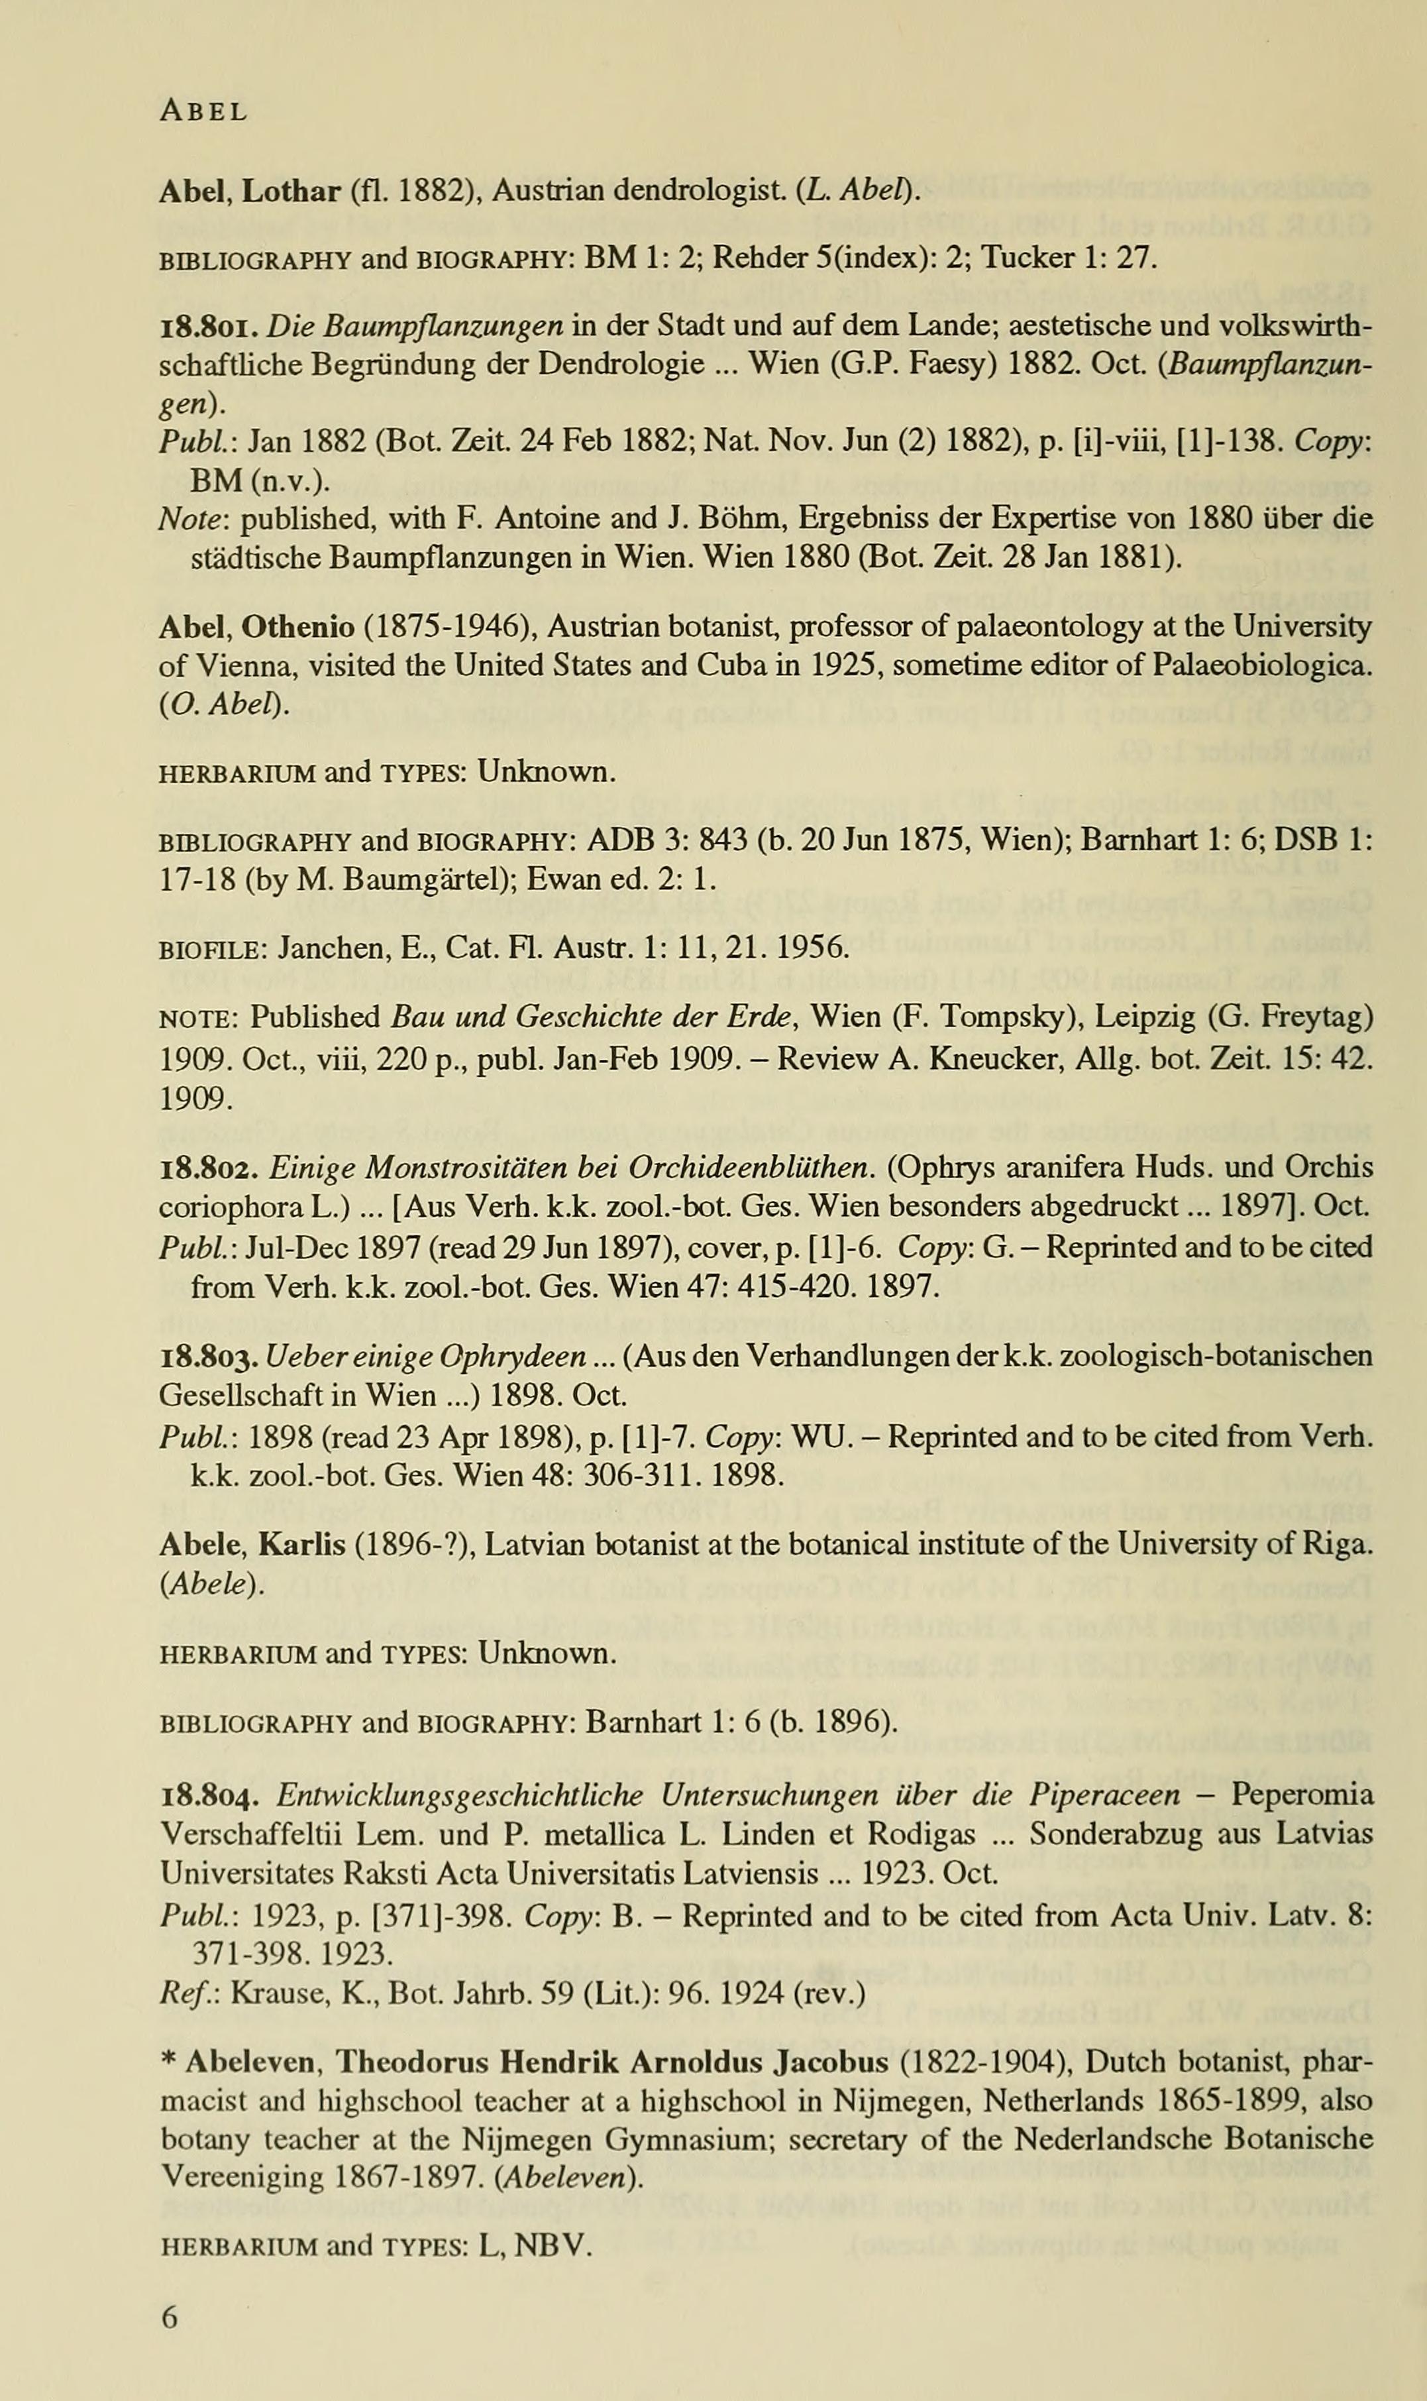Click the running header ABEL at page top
203,111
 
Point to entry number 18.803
209,1357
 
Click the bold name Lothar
291,192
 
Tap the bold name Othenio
297,627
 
